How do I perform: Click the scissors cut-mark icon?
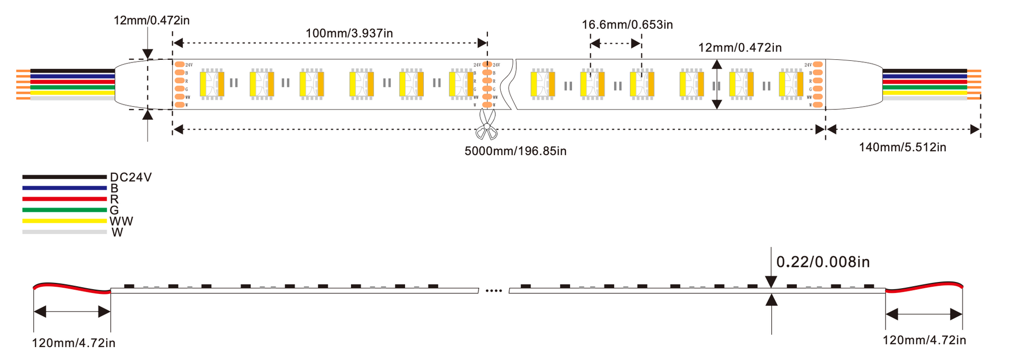[487, 125]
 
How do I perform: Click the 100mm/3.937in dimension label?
[349, 33]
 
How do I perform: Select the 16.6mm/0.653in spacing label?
[627, 24]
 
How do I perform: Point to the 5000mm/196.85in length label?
[515, 151]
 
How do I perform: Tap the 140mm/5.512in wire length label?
[902, 147]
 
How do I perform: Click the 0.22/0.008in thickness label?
[823, 262]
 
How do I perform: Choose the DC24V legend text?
[131, 177]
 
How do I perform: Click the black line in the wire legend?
[64, 177]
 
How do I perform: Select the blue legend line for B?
[64, 188]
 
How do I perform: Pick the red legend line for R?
[64, 199]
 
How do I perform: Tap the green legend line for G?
[64, 210]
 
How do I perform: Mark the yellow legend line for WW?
[64, 221]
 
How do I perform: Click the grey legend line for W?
[64, 232]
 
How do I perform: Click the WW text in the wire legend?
[121, 222]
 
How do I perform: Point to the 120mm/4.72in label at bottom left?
[74, 343]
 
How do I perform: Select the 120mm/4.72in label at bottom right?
[924, 340]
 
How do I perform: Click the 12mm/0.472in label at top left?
[151, 20]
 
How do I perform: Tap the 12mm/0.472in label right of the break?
[739, 48]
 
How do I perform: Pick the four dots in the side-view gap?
[494, 291]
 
